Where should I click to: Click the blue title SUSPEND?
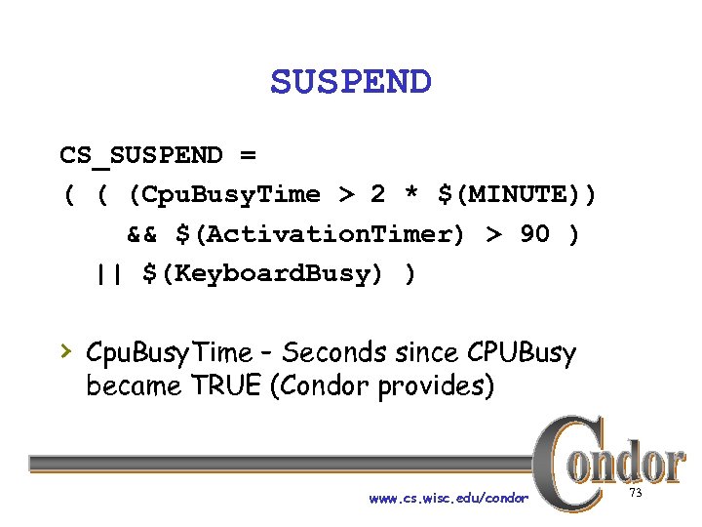pyautogui.click(x=350, y=82)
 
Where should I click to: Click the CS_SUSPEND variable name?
pyautogui.click(x=140, y=155)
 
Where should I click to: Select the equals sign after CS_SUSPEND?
pyautogui.click(x=248, y=155)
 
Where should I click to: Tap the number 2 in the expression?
pyautogui.click(x=377, y=195)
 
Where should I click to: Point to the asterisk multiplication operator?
pyautogui.click(x=412, y=195)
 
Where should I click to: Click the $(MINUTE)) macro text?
pyautogui.click(x=516, y=195)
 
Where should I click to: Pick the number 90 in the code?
pyautogui.click(x=534, y=235)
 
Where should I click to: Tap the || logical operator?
pyautogui.click(x=110, y=274)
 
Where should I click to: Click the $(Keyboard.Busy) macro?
pyautogui.click(x=263, y=274)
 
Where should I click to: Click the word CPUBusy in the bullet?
pyautogui.click(x=522, y=353)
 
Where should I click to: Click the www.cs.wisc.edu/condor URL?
pyautogui.click(x=448, y=499)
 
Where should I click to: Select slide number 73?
pyautogui.click(x=636, y=493)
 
